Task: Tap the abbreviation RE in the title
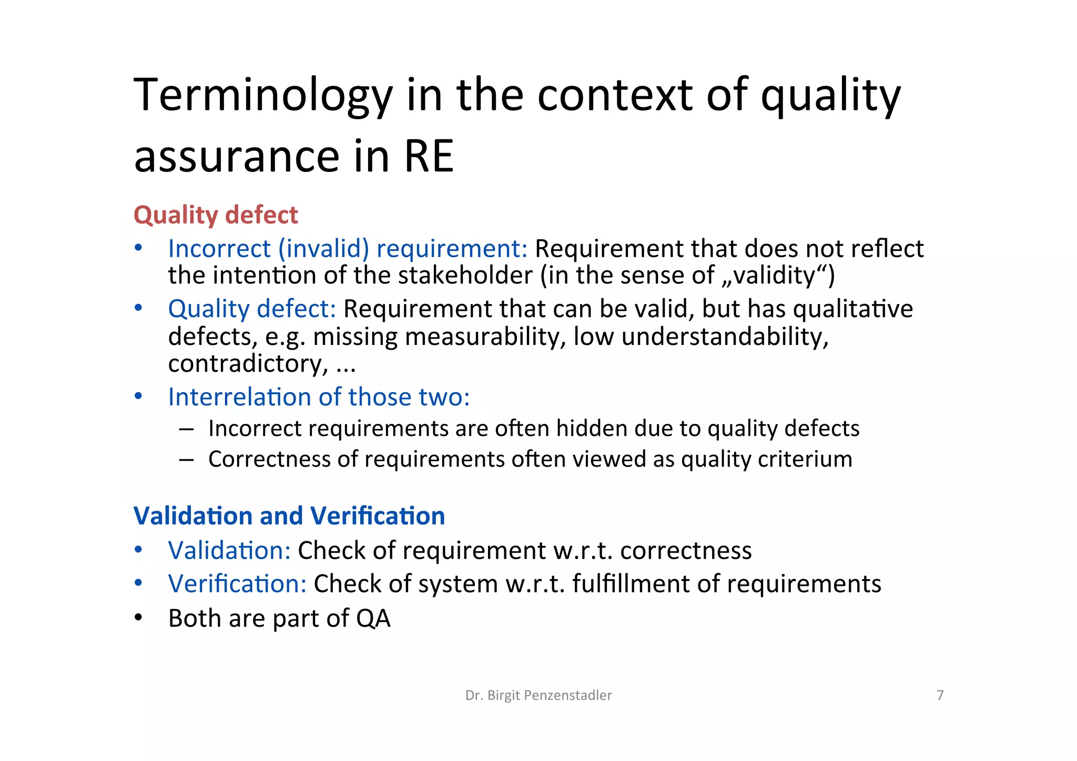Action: (x=429, y=157)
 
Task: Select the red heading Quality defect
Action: (x=216, y=215)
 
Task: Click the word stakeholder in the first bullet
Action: (x=465, y=276)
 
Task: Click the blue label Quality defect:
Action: (x=252, y=309)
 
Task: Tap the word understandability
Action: (x=725, y=337)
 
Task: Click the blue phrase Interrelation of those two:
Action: (x=319, y=397)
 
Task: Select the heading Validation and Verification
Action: (x=289, y=516)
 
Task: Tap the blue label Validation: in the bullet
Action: (x=229, y=551)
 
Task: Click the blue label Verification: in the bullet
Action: (x=237, y=584)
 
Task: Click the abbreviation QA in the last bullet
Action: (x=373, y=618)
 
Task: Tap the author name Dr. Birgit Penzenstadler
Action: (x=538, y=695)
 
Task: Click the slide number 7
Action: (x=940, y=695)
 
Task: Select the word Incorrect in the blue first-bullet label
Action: (x=219, y=249)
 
